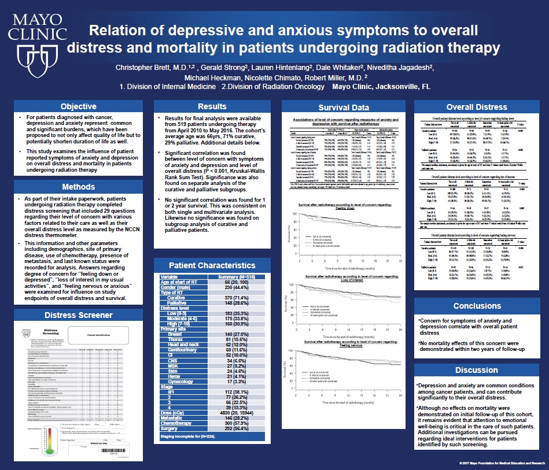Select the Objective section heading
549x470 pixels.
[79, 106]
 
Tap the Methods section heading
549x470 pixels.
[79, 187]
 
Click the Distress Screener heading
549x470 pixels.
[79, 315]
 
